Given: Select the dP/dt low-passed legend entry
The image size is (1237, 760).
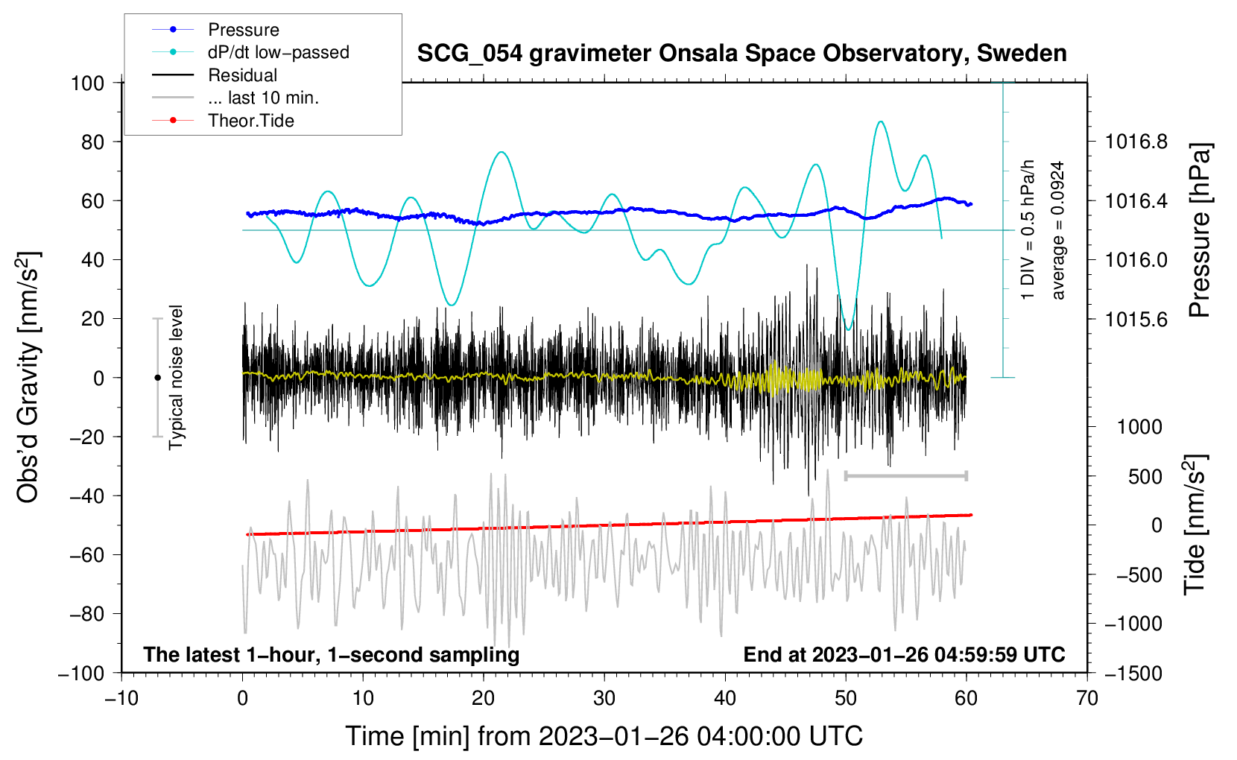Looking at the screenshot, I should point(278,52).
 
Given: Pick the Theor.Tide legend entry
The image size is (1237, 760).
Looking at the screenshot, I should point(250,121).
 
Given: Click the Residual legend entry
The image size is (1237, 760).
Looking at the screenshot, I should point(242,75).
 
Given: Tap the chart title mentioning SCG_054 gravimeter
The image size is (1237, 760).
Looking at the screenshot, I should point(741,54).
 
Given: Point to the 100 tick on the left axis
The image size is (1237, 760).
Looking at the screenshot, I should point(87,83).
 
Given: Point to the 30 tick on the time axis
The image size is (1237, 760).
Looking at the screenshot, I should point(604,698).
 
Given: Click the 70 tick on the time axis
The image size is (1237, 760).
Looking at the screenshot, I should point(1087,698).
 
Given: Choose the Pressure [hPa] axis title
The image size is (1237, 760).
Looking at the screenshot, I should point(1199,231).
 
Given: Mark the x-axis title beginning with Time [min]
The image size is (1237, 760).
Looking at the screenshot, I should point(604,736).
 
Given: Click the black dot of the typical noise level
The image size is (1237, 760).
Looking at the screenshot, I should point(157,378).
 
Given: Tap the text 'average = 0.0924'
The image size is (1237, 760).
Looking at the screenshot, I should point(1057,231).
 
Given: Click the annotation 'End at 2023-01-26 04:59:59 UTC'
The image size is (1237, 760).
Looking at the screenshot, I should point(904,655).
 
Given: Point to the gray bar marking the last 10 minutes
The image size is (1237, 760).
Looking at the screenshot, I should point(905,475).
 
